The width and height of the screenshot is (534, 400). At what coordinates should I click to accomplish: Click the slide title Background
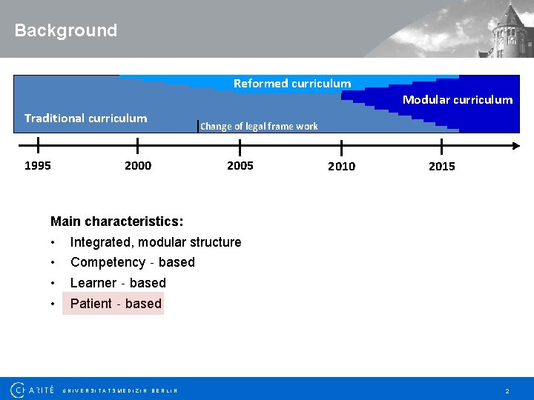coord(66,30)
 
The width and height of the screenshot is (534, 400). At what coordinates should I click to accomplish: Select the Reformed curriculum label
coord(292,83)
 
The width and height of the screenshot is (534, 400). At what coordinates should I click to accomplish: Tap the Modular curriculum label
coord(457,99)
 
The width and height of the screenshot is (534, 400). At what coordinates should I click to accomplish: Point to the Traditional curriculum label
coord(85,118)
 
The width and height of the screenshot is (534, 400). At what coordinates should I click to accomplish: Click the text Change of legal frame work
coord(259,126)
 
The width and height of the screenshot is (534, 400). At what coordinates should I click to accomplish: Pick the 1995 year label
coord(38,165)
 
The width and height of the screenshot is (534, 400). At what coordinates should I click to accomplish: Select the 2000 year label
coord(138,165)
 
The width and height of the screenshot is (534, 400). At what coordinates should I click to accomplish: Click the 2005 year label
coord(240,165)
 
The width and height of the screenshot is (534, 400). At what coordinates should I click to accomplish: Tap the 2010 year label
coord(341,166)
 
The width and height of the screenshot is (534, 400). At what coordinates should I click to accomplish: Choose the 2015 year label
coord(442,166)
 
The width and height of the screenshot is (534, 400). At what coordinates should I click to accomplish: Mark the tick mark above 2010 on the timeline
coord(341,146)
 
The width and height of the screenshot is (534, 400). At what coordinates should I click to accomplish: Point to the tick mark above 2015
coord(442,146)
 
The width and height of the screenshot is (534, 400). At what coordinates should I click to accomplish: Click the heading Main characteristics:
coord(117,221)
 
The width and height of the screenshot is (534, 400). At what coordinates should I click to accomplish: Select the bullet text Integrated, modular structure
coord(156,242)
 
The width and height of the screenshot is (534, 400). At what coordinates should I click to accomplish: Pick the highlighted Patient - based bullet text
coord(116,304)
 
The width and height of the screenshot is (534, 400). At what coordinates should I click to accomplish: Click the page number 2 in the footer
coord(507,390)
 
